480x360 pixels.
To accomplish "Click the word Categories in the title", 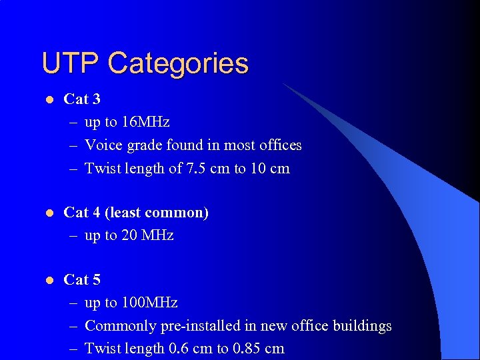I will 177,64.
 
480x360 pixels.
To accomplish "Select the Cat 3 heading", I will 82,99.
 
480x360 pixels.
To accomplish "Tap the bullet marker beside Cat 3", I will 49,100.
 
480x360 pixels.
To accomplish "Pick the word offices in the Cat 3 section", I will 279,145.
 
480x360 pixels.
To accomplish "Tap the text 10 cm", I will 270,169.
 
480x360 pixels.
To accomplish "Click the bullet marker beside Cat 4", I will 49,213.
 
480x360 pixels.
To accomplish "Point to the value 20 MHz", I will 147,235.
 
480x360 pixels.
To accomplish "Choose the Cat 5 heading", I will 82,280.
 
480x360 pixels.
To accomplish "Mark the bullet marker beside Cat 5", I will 49,281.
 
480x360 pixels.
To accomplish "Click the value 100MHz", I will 149,303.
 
